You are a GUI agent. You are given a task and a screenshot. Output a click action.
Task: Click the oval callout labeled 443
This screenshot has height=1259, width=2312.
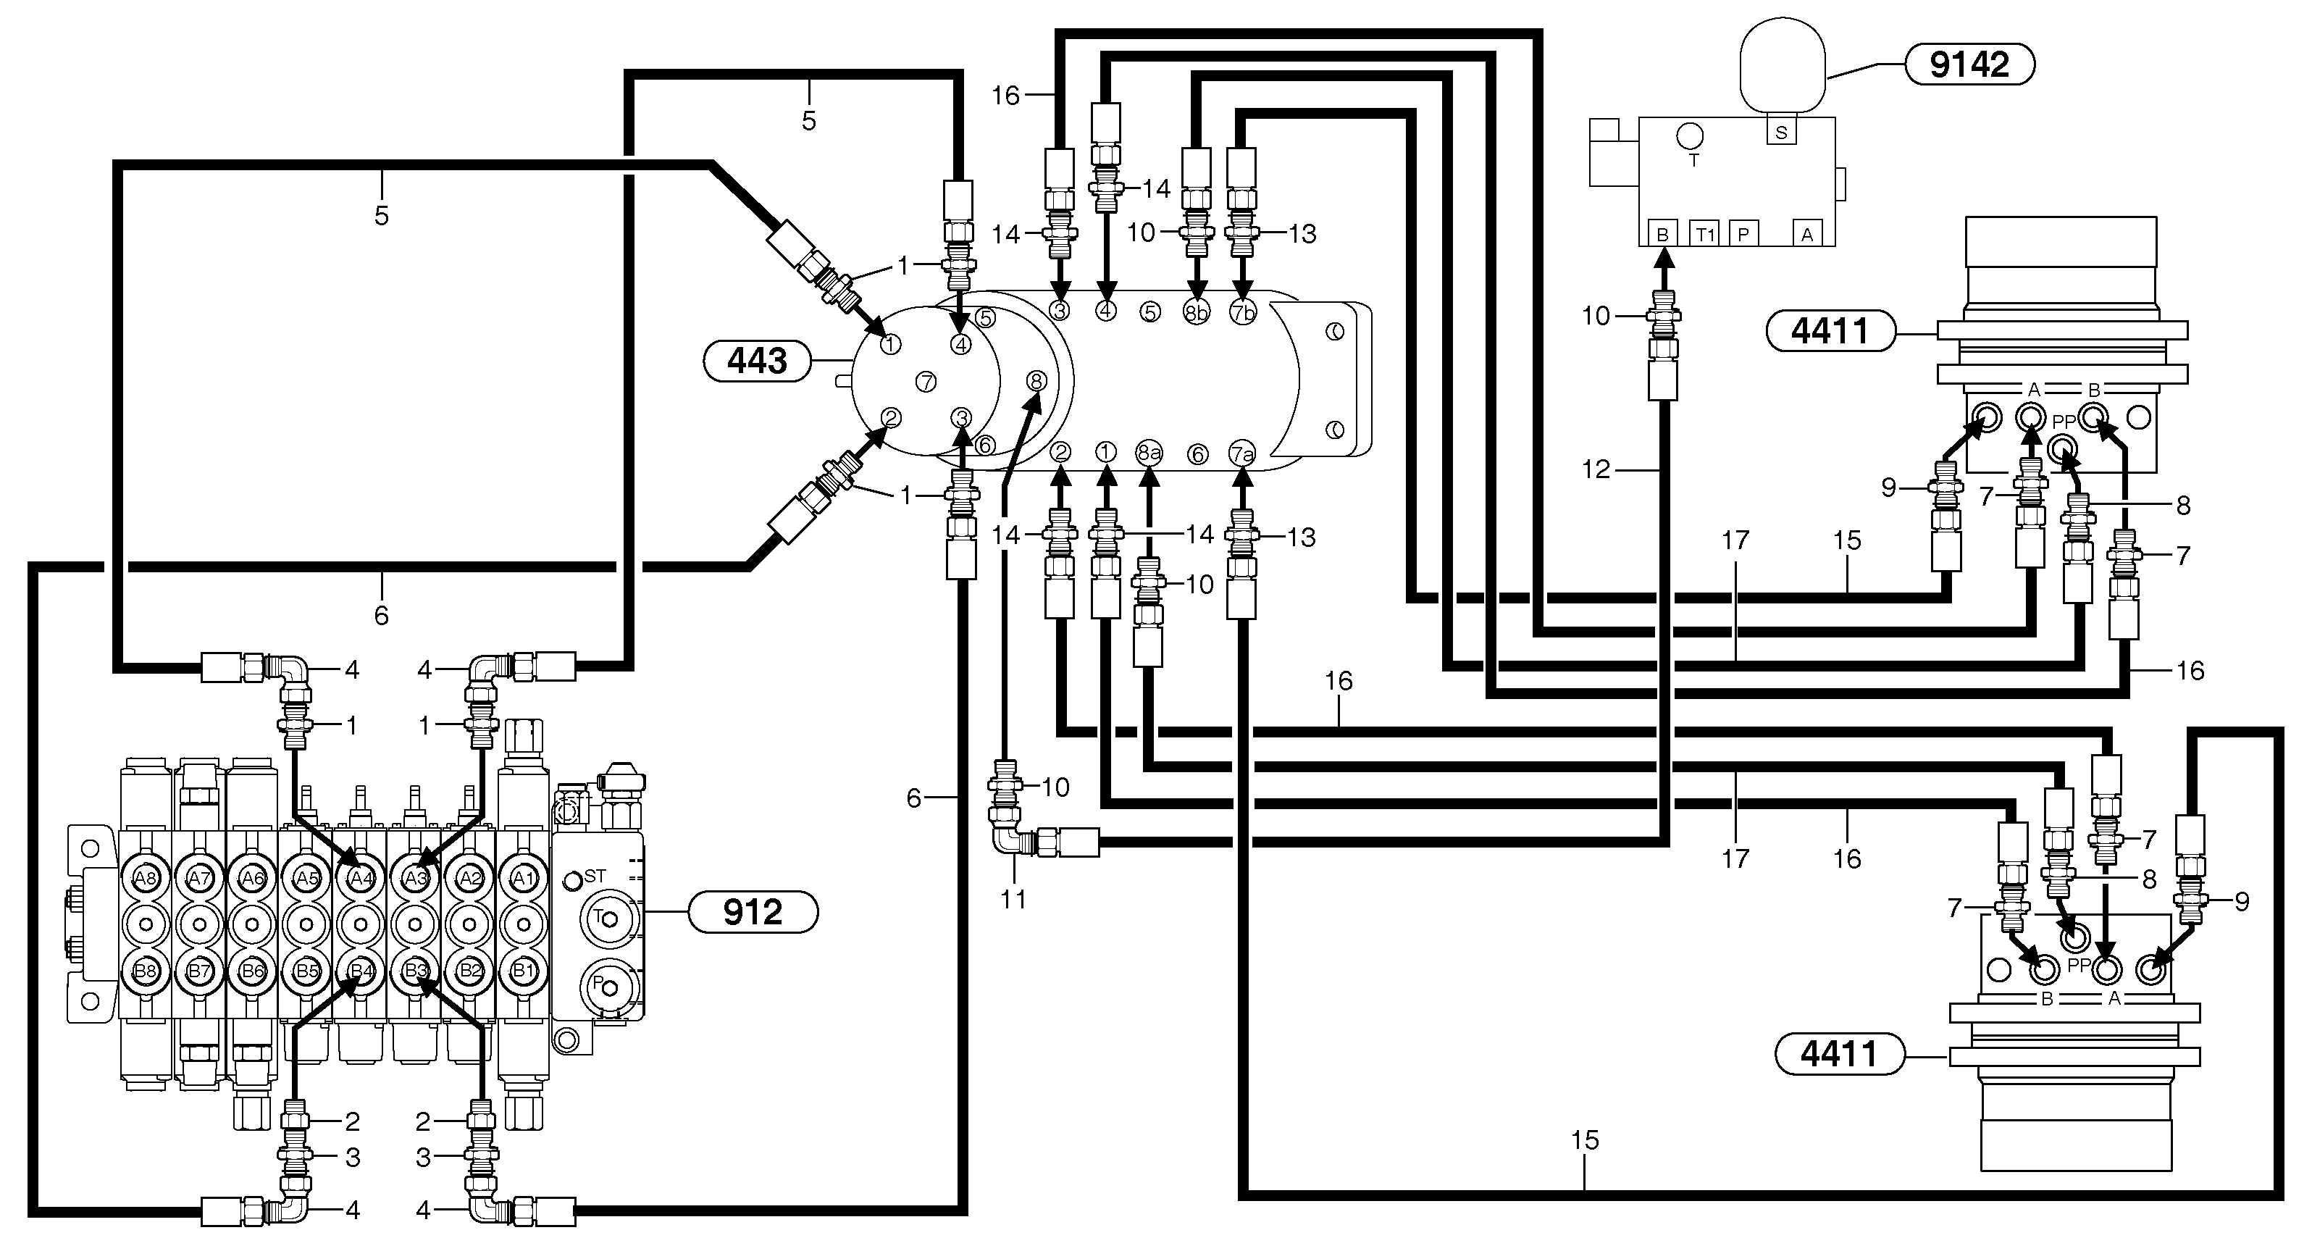[758, 361]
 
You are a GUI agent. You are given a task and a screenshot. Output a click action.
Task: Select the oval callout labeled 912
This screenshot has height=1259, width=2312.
[752, 913]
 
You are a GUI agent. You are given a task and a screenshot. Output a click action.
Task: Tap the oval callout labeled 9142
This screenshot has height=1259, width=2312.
[1969, 64]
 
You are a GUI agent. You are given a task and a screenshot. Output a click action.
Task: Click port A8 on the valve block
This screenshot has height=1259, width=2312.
[146, 878]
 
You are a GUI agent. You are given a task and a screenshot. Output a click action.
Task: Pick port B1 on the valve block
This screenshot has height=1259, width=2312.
[523, 970]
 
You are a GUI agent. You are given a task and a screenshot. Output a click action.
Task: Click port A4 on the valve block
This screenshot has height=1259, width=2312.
[361, 878]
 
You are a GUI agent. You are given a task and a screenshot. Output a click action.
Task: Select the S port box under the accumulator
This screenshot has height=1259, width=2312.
[1780, 133]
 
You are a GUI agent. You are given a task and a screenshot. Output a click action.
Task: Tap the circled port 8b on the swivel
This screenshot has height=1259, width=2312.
[1197, 312]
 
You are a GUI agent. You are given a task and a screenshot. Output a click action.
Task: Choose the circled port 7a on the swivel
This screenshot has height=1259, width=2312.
[1242, 454]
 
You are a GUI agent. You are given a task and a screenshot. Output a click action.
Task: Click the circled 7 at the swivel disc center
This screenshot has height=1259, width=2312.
[926, 381]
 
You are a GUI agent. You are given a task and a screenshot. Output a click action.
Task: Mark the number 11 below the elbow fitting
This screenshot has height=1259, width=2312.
[1013, 899]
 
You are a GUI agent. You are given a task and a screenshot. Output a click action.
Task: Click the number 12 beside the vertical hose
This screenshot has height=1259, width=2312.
[1596, 469]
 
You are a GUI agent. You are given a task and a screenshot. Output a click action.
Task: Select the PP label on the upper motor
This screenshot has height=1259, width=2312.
[2064, 422]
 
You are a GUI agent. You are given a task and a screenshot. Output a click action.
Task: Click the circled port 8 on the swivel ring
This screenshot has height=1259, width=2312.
[1036, 380]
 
